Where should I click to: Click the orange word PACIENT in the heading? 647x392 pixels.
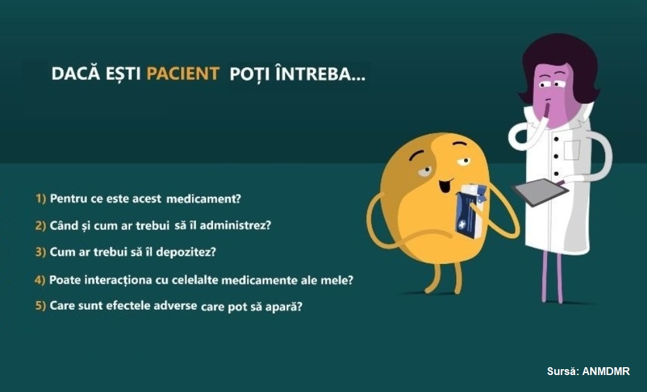click(182, 73)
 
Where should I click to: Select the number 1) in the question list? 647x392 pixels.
click(41, 199)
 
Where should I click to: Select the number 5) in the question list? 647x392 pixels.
click(41, 306)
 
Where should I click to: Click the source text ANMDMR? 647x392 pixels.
click(606, 371)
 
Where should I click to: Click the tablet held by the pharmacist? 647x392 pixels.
click(540, 192)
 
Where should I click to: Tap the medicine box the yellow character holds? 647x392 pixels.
click(471, 211)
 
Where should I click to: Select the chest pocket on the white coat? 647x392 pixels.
click(571, 150)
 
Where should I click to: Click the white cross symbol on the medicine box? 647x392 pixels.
click(461, 225)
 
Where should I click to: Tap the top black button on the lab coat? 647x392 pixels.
click(556, 139)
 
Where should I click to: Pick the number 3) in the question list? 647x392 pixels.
click(41, 252)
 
